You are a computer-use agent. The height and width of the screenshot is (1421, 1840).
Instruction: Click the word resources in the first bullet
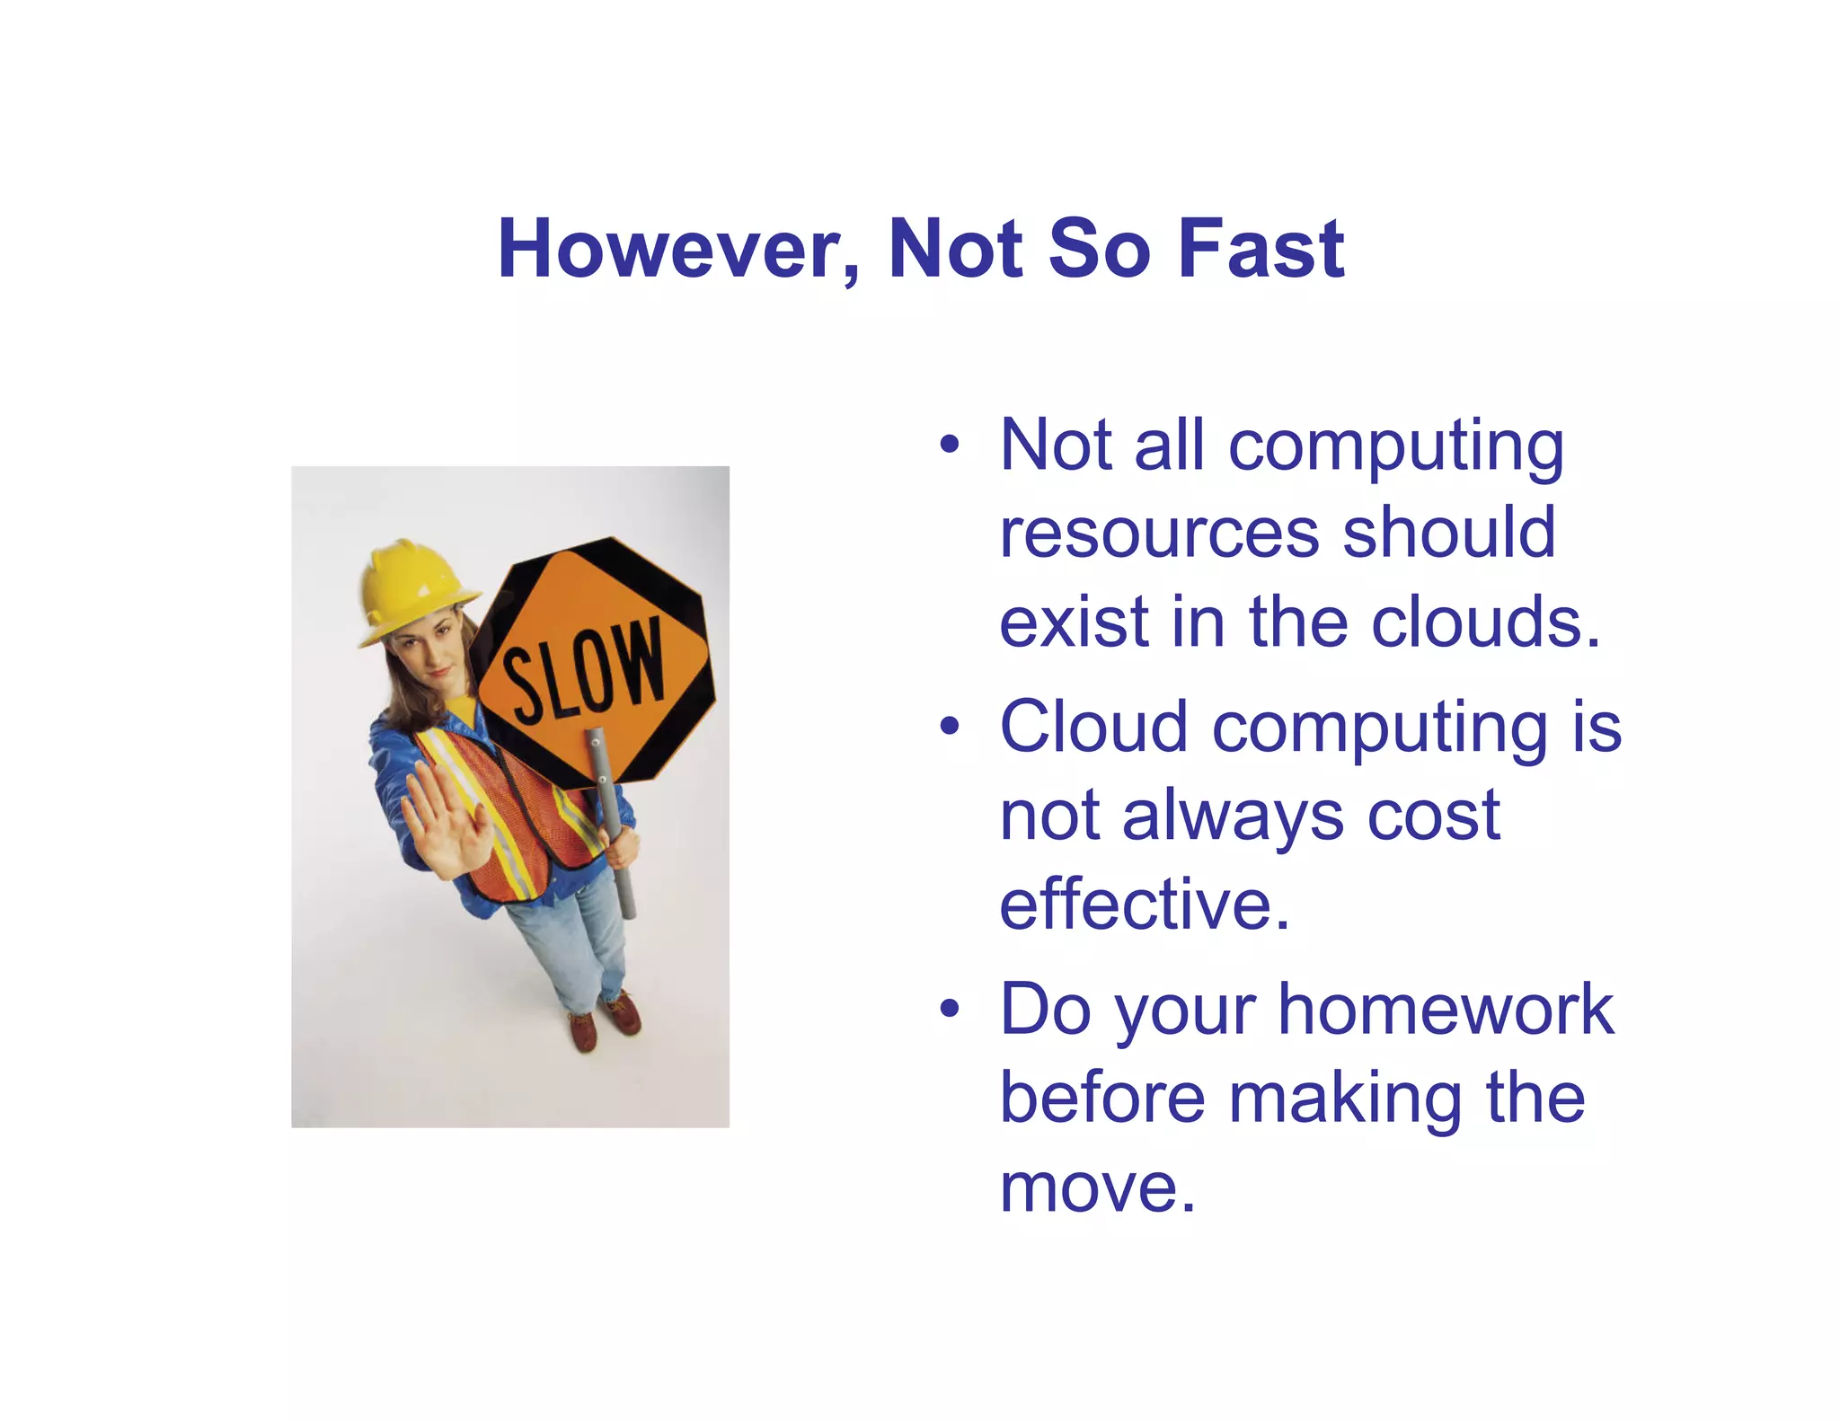point(1159,534)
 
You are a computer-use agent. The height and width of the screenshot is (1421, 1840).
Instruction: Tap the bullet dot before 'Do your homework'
point(950,1009)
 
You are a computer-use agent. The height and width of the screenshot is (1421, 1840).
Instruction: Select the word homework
point(1446,1009)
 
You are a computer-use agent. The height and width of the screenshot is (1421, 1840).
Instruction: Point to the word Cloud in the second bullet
point(1095,727)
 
